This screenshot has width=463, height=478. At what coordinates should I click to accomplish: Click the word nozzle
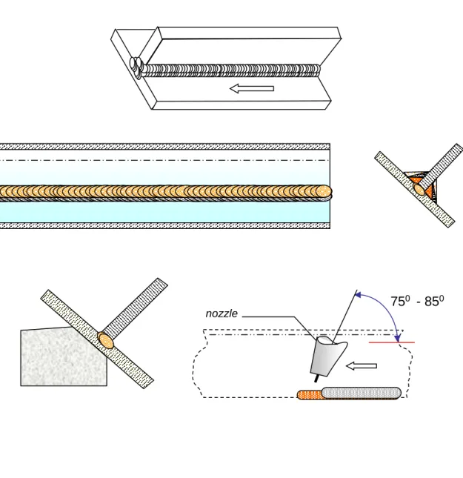(x=221, y=313)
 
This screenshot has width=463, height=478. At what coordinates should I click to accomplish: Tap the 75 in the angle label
(x=398, y=302)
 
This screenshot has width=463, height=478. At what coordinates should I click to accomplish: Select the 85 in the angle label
(x=432, y=302)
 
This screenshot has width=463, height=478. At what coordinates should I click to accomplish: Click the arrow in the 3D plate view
(x=252, y=88)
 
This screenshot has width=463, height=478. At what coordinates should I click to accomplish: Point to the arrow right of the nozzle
(x=362, y=366)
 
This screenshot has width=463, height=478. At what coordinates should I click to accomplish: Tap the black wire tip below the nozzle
(x=317, y=379)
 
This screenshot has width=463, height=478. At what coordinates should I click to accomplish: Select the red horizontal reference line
(x=392, y=342)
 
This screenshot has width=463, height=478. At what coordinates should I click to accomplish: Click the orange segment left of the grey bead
(x=309, y=395)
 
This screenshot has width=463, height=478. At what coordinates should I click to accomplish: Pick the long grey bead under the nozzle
(x=362, y=393)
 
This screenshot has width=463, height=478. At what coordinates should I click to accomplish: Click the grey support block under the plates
(x=64, y=357)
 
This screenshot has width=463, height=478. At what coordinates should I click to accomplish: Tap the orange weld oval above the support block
(x=106, y=341)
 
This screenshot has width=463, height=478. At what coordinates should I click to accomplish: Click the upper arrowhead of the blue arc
(x=358, y=295)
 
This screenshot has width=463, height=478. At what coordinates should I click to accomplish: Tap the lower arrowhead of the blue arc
(x=397, y=339)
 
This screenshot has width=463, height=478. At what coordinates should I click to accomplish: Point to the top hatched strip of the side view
(x=165, y=146)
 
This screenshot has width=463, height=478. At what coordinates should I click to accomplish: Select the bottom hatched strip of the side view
(x=165, y=225)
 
